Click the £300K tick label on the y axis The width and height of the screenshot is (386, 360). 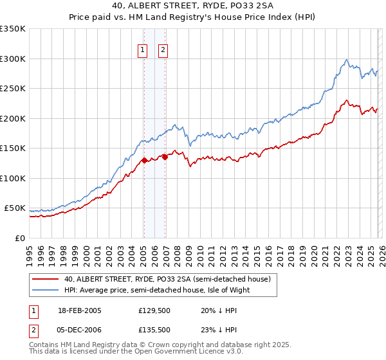[12, 59]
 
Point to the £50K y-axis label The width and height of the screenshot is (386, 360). [15, 208]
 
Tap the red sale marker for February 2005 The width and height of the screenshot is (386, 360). [144, 161]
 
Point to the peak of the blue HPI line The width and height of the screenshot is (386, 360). [347, 60]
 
